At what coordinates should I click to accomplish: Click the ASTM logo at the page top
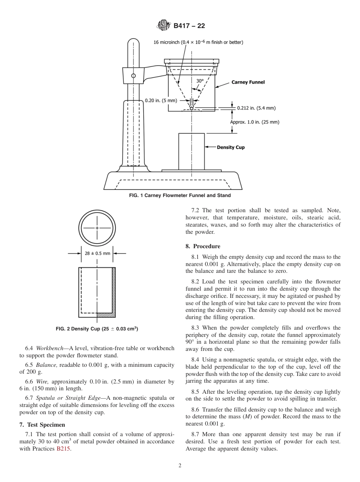164,26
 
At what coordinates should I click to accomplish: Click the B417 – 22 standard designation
189,26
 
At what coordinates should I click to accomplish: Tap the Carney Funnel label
248,82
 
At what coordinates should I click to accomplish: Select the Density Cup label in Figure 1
231,147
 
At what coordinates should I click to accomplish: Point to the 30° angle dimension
200,81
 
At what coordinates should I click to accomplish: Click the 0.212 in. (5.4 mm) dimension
256,108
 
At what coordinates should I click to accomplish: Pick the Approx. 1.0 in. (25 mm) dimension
255,122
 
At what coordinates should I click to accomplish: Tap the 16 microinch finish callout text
198,42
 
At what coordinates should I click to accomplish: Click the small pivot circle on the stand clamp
133,75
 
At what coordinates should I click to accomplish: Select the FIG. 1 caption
180,196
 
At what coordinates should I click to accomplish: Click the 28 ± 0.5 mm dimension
97,253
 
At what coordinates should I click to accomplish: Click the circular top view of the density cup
97,228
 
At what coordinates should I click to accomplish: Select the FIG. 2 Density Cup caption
97,329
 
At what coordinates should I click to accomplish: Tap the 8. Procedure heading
203,246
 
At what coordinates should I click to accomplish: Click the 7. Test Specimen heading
43,424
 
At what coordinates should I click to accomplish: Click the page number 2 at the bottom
180,466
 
